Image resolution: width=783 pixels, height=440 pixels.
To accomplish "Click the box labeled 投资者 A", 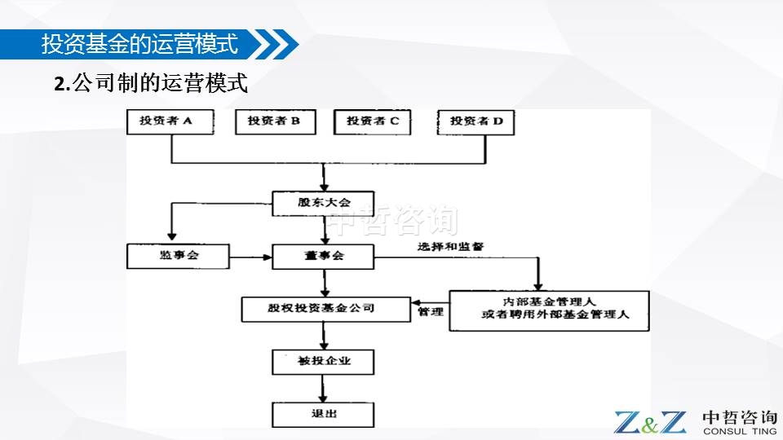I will (x=170, y=121).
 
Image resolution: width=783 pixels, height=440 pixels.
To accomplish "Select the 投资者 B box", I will (x=274, y=121).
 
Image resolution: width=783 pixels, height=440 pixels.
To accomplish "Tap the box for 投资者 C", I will (x=373, y=121).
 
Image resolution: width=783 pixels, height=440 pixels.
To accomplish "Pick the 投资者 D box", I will (x=476, y=121).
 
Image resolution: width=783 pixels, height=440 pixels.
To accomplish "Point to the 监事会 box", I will (x=179, y=256).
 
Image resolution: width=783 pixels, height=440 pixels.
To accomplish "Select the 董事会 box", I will (x=323, y=256).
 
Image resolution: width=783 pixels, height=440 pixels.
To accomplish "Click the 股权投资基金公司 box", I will (x=325, y=309).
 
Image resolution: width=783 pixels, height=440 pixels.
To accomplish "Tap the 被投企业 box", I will (x=323, y=361).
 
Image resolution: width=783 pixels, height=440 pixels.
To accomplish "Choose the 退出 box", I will (x=323, y=414).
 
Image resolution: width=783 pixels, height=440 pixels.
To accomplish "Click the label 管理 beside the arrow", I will (x=430, y=312).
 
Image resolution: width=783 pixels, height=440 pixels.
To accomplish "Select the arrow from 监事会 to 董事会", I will (x=251, y=257).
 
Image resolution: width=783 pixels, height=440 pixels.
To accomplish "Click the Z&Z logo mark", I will (x=650, y=422).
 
